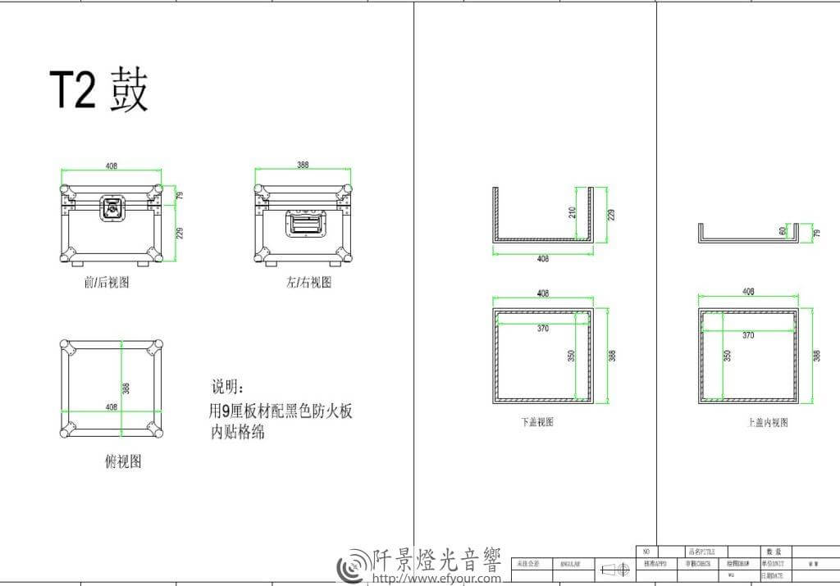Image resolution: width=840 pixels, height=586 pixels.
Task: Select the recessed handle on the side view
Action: coord(304,222)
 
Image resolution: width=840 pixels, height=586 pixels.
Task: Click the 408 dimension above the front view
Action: coord(112,166)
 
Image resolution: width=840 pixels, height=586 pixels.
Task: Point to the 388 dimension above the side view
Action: coord(304,165)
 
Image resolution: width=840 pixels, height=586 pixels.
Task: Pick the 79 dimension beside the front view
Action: coord(180,195)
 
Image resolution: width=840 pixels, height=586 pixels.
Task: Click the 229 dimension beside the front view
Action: coord(180,234)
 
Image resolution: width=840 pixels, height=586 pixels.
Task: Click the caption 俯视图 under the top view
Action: coord(123,461)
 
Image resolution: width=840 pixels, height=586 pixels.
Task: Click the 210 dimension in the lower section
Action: coord(573,212)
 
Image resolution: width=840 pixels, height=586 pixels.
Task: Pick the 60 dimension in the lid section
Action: coord(783,232)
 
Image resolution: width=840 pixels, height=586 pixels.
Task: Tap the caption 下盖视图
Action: coord(536,422)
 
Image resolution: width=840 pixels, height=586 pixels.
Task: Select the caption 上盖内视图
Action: coord(768,422)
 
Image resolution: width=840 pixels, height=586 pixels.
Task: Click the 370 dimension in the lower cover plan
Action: coord(542,329)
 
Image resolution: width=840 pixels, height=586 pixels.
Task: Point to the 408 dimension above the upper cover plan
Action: coord(748,292)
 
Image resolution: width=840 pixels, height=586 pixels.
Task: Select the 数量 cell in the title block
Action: coord(772,552)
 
